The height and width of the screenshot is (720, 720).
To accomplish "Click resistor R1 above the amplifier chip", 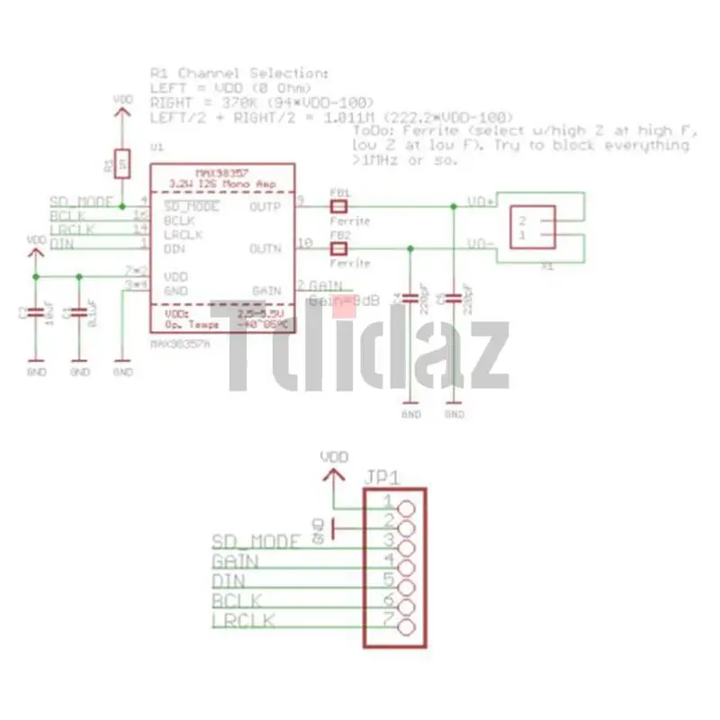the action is (122, 164).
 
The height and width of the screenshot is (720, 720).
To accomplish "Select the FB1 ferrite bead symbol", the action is (340, 206).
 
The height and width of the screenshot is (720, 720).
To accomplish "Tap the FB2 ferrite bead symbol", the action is (340, 248).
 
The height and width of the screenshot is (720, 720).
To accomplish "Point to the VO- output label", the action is (480, 245).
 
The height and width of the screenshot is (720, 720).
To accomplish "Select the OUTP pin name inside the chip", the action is (266, 206).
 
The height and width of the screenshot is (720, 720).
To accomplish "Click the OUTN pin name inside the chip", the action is (266, 247).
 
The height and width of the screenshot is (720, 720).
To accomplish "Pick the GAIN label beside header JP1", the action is (235, 562).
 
